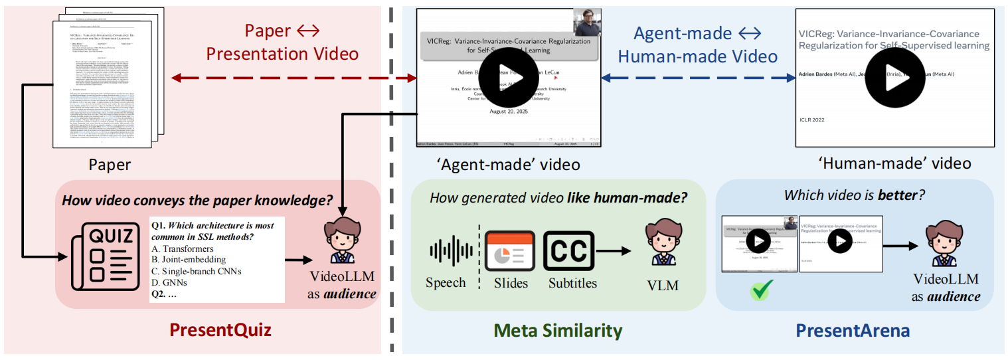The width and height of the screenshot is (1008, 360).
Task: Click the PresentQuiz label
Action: point(220,329)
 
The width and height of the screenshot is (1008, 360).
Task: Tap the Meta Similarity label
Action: point(558,330)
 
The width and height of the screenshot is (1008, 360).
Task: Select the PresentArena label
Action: point(853,330)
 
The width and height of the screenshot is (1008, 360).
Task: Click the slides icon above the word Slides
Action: point(510,251)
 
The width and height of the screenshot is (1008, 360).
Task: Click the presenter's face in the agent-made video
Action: point(588,23)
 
